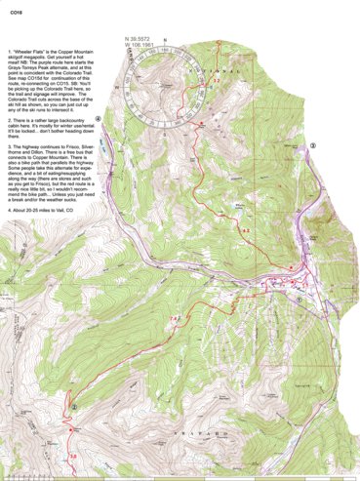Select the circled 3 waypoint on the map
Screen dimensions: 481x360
312,143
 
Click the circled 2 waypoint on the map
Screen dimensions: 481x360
73,407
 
